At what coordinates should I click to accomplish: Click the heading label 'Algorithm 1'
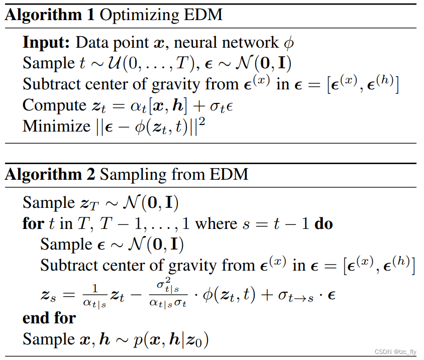(x=50, y=15)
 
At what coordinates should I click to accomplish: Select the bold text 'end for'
(x=49, y=318)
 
